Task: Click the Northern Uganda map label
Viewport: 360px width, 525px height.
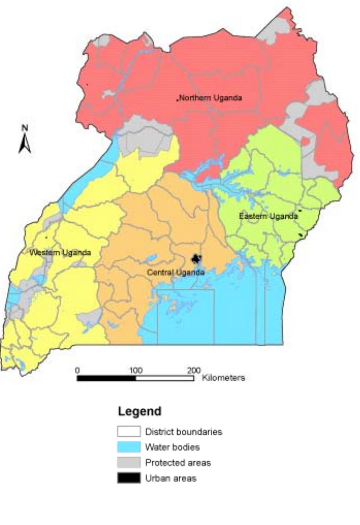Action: pos(211,98)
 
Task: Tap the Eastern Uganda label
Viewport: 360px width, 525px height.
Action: pos(268,216)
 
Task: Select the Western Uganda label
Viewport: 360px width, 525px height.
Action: pos(60,253)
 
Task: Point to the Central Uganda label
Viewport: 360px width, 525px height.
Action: pos(175,272)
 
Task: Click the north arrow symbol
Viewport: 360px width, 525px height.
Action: pos(25,144)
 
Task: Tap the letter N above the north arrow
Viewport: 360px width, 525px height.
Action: pos(25,128)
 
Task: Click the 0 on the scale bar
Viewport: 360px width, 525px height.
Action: pos(77,370)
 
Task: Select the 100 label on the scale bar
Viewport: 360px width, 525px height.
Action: pos(135,370)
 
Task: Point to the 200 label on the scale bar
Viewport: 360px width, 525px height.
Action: pos(194,370)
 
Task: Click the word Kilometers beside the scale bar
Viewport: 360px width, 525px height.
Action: pos(224,378)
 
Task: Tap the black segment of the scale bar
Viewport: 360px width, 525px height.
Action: pos(106,378)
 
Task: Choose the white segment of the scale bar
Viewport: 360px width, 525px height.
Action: pos(165,378)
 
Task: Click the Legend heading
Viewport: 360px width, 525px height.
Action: pos(140,411)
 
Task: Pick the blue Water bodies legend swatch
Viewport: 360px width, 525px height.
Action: pos(128,447)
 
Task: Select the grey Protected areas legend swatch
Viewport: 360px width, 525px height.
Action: pos(128,463)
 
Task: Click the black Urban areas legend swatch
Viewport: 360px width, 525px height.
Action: pos(128,478)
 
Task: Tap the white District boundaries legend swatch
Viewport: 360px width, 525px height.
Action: pos(128,431)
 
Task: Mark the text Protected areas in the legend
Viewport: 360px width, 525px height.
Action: pos(178,463)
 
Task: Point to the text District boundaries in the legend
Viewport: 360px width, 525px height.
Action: pos(184,431)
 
